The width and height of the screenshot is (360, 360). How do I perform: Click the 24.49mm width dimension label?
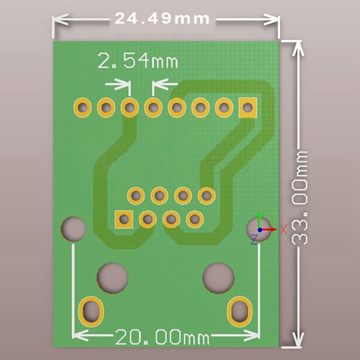pos(162,18)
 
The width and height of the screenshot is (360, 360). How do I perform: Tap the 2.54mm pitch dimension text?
pos(138,61)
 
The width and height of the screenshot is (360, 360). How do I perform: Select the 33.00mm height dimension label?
pos(299,198)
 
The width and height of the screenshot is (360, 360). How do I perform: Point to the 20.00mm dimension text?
pos(162,337)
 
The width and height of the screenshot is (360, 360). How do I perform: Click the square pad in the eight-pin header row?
pos(247,108)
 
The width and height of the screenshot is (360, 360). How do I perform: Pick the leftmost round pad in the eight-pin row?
pos(83,108)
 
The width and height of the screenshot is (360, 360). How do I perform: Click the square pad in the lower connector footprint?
pos(124,219)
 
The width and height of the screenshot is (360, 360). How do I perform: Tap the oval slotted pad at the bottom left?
pos(91,311)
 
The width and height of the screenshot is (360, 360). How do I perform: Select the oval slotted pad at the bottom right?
pos(239,311)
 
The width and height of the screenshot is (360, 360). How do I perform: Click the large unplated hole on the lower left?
pos(112,278)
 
